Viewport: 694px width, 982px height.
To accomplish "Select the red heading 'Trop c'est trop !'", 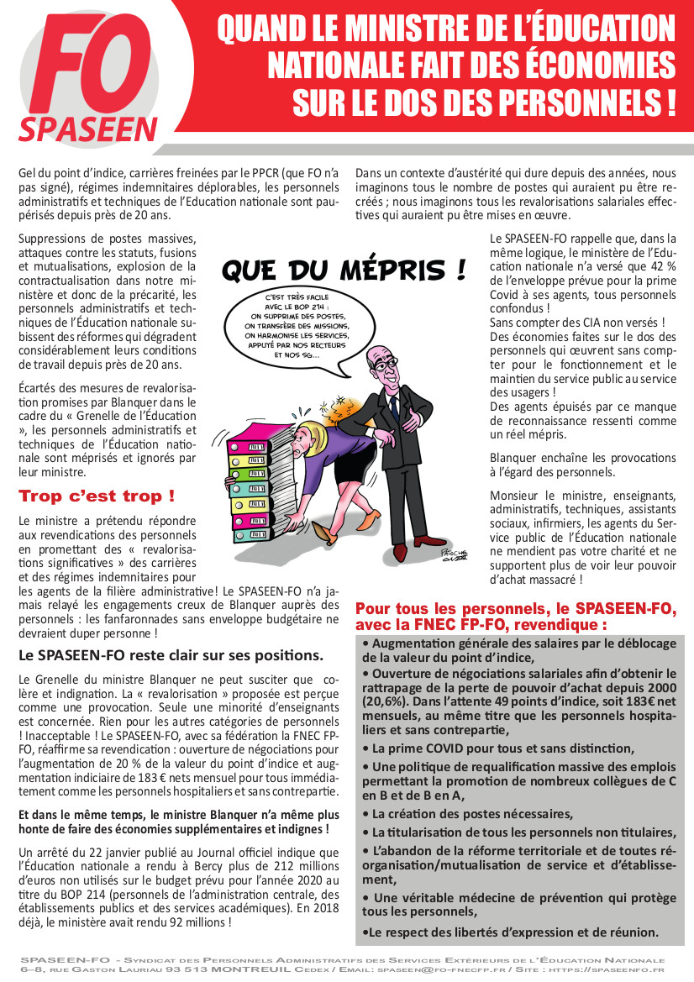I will [x=97, y=496].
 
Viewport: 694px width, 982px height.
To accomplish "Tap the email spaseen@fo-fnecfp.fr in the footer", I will [x=438, y=969].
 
